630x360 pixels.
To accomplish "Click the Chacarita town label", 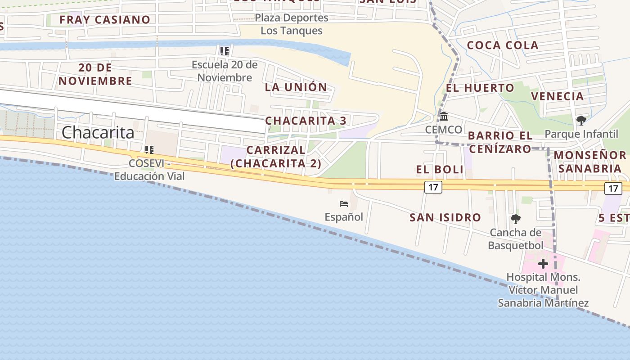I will [98, 132].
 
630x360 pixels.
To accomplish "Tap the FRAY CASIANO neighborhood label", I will [104, 20].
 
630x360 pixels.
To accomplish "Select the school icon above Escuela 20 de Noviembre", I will [224, 51].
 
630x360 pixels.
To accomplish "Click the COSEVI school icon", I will [149, 150].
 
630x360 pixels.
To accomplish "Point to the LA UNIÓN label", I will [296, 87].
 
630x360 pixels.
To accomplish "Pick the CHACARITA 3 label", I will [306, 121].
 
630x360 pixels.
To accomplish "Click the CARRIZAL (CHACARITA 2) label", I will [276, 157].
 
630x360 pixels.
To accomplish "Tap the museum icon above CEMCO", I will [444, 117].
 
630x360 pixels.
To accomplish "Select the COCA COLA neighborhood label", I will [503, 45].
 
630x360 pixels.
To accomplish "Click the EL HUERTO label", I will [480, 88].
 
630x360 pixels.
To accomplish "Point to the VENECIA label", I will [557, 96].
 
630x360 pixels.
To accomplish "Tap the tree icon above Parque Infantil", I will [581, 120].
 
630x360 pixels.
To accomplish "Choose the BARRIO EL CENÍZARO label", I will [500, 142].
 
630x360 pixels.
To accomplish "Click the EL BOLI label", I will [440, 170].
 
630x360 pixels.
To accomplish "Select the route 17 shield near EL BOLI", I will [433, 187].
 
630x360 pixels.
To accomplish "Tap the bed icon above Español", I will [344, 204].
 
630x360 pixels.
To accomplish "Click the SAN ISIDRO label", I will [445, 218].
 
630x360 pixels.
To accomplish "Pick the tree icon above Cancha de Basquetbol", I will [516, 219].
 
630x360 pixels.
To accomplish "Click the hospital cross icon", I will [543, 263].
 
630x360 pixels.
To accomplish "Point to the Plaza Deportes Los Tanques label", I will [292, 24].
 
